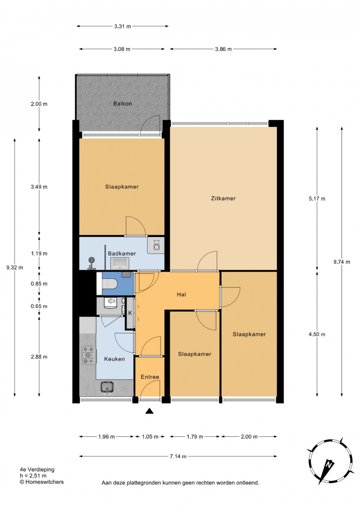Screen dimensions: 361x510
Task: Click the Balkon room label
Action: tap(122, 103)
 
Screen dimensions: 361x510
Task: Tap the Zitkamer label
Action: tap(223, 198)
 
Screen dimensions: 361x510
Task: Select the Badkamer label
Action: tap(122, 253)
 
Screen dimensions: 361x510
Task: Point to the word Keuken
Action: tap(114, 359)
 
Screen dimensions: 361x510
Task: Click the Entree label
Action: tap(150, 377)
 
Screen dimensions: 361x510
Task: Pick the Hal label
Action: tap(181, 294)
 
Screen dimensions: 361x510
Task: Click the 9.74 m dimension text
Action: tap(342, 262)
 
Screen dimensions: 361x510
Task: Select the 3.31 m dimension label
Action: tap(122, 26)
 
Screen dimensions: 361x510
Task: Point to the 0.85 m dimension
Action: tap(39, 284)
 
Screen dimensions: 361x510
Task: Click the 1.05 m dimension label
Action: tap(150, 437)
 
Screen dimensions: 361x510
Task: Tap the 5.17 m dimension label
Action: tap(317, 198)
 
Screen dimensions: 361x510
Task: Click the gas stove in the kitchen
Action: tap(88, 355)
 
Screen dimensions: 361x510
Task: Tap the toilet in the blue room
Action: tap(110, 284)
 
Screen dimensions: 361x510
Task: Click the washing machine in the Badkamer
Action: tap(156, 245)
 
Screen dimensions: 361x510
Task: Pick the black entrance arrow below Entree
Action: tap(150, 411)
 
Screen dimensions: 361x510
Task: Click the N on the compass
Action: tap(329, 464)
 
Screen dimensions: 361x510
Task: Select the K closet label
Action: tap(130, 313)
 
